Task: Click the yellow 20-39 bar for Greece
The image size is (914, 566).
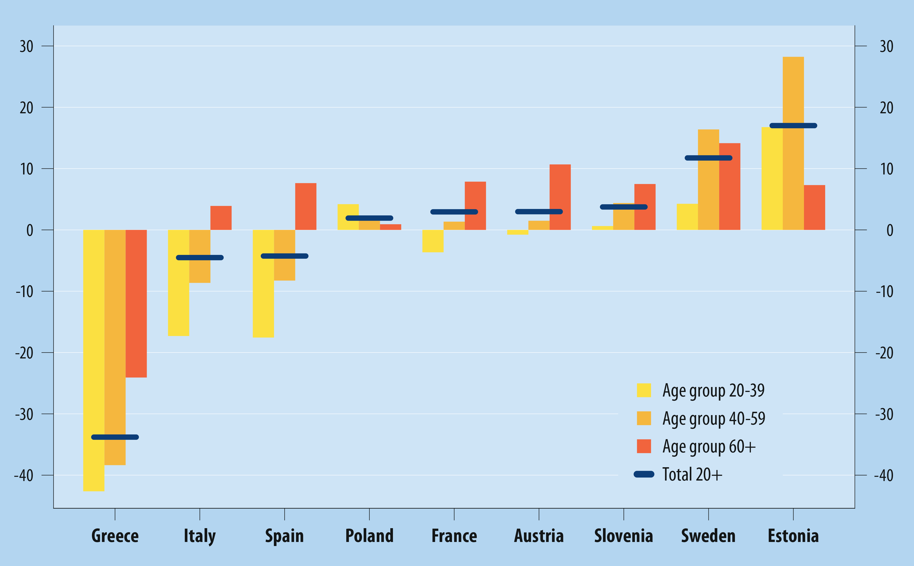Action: coord(94,359)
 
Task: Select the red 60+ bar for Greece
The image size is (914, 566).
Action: coord(136,303)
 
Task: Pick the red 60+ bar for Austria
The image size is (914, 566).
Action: coord(560,197)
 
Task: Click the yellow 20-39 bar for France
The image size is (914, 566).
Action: coord(433,241)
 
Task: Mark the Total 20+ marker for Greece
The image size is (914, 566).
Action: coord(115,437)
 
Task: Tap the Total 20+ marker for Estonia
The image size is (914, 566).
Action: coord(793,126)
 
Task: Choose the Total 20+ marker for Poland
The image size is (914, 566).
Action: coord(369,218)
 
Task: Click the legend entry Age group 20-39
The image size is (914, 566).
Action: coord(713,390)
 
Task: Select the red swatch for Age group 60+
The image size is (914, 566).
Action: coord(644,446)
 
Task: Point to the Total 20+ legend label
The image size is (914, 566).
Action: coord(692,474)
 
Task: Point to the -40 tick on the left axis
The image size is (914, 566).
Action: coord(24,475)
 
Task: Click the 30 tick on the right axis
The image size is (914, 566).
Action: coord(886,46)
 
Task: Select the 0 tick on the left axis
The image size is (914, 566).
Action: coord(30,230)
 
